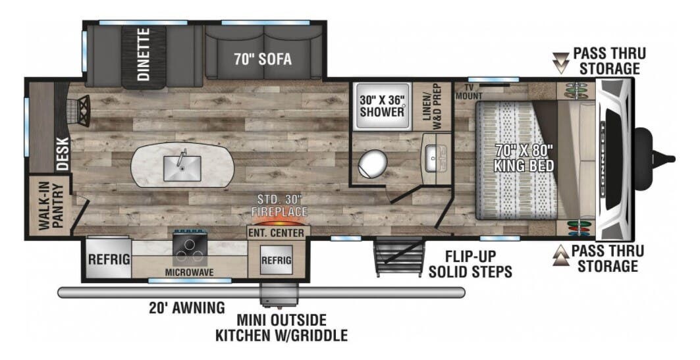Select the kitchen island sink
pyautogui.click(x=182, y=165)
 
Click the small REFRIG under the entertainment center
pyautogui.click(x=277, y=260)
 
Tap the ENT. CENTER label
pyautogui.click(x=277, y=233)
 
